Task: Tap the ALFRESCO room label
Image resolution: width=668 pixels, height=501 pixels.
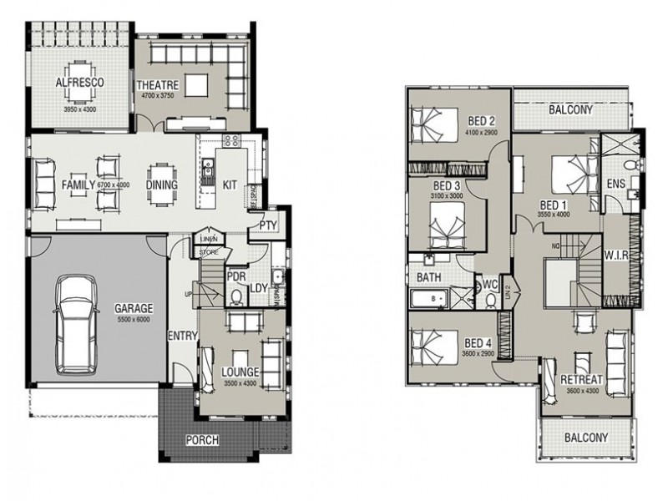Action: [x=79, y=83]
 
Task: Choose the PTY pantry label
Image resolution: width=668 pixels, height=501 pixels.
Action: [x=268, y=225]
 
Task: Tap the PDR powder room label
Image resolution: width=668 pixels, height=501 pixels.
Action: [x=235, y=275]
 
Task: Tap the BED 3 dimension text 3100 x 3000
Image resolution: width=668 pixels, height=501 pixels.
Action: [x=447, y=195]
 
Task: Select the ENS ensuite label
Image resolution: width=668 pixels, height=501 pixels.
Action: [x=615, y=183]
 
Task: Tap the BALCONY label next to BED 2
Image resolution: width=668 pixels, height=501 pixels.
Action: [x=571, y=109]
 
